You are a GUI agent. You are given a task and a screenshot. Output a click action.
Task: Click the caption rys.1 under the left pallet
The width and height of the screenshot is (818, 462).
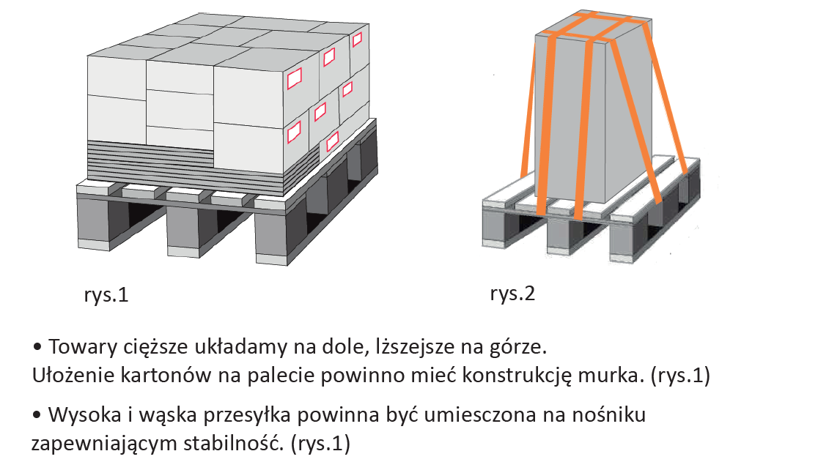point(106,295)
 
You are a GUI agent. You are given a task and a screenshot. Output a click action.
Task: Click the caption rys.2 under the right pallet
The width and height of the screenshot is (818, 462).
point(512,294)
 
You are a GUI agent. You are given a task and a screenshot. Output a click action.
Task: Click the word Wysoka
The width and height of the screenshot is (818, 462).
point(85,415)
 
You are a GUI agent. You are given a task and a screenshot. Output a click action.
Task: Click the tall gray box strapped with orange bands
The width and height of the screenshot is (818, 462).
point(594,109)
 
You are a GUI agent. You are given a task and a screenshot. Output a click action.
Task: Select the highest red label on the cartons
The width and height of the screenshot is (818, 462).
point(357,40)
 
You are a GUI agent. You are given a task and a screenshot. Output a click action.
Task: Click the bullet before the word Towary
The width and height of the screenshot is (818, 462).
point(37,347)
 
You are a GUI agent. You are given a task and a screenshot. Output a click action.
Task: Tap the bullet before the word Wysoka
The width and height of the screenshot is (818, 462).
point(37,415)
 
